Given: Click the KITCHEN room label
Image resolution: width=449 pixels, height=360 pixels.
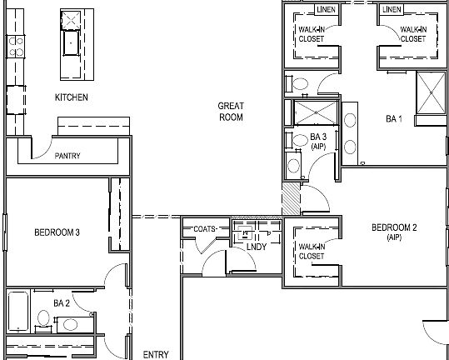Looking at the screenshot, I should pyautogui.click(x=72, y=97).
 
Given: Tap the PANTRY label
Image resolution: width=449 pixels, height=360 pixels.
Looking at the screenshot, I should pyautogui.click(x=67, y=156).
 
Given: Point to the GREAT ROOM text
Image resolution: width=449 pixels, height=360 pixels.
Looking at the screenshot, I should pyautogui.click(x=231, y=112).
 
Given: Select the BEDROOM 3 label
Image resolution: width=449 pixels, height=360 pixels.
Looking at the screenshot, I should pyautogui.click(x=57, y=232).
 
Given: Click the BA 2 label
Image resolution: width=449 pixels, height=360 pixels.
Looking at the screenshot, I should pyautogui.click(x=60, y=303).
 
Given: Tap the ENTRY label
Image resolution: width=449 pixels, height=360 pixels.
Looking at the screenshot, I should pyautogui.click(x=156, y=355).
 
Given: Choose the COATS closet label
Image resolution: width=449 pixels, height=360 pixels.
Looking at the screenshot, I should pyautogui.click(x=205, y=228).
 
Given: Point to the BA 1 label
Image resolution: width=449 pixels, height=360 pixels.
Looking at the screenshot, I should pyautogui.click(x=394, y=119).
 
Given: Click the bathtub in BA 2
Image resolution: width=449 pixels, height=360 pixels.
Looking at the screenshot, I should pyautogui.click(x=17, y=312).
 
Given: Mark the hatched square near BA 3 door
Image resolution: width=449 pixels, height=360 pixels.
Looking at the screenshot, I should pyautogui.click(x=289, y=199).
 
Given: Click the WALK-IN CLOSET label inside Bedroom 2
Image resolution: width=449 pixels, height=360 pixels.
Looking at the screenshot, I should pyautogui.click(x=312, y=251).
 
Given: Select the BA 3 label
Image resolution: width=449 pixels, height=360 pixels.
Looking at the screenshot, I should pyautogui.click(x=317, y=141).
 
